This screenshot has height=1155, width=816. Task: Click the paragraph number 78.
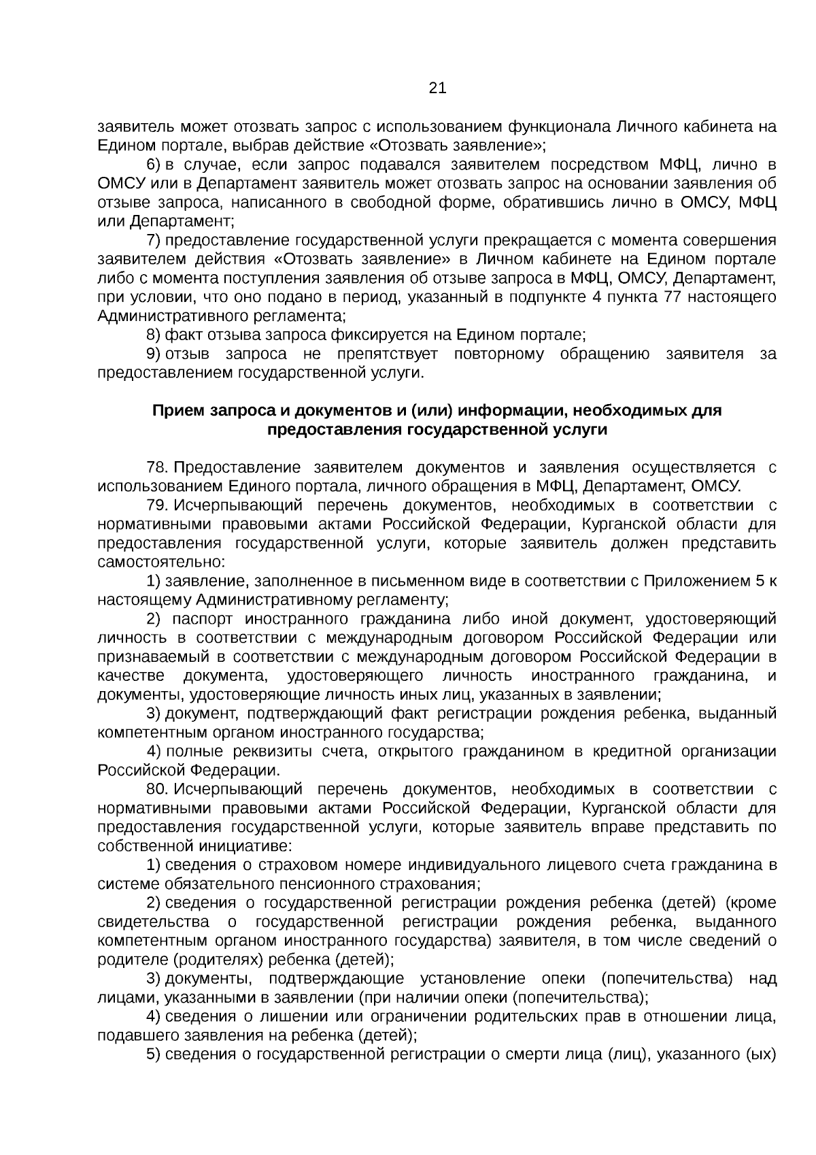coord(157,467)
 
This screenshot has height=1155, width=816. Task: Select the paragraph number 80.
coord(157,789)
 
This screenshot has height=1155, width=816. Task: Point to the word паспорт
coord(202,619)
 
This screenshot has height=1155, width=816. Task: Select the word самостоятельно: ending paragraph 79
coord(160,563)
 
